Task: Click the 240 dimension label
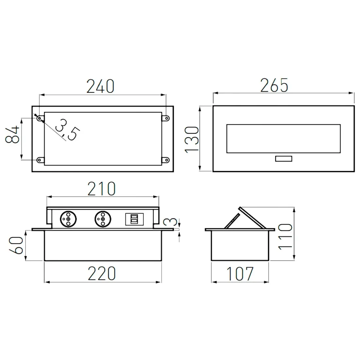point(100,86)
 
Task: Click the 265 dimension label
point(274,85)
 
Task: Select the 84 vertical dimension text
point(13,135)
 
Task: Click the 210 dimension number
point(101,189)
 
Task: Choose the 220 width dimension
point(102,273)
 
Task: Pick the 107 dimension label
point(240,274)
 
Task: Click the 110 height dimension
point(285,237)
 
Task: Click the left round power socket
point(68,218)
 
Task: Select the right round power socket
point(103,218)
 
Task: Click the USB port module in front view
point(133,219)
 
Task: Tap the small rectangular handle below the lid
point(283,159)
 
